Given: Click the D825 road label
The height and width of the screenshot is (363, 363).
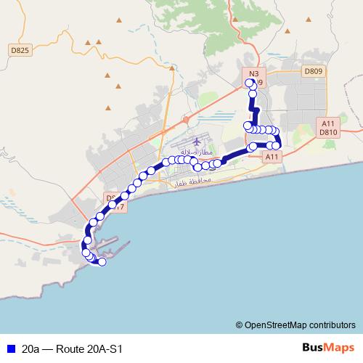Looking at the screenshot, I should [20, 50].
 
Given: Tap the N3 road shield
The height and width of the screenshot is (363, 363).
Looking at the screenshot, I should [253, 74].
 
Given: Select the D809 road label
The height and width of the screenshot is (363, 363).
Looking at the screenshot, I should [313, 71].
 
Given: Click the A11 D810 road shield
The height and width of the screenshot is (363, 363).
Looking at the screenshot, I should [329, 128].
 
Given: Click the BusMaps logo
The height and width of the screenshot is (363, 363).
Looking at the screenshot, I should [329, 348].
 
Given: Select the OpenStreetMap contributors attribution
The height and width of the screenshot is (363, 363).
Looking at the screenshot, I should [296, 325].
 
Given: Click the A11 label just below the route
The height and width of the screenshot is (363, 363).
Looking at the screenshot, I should [272, 157].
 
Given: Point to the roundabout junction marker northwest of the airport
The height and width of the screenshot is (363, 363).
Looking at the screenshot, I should [187, 119].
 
